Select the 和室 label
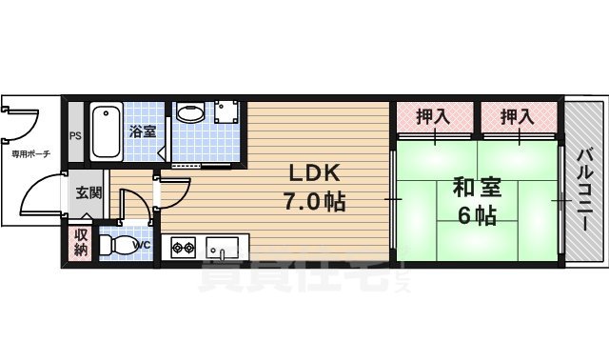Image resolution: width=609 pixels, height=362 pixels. coord(472,188)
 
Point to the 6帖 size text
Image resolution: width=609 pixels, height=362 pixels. coord(476,216)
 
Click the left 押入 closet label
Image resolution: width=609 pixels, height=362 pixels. coord(434,117)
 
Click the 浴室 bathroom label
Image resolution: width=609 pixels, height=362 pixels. coord(143,131)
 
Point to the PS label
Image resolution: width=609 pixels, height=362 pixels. coord(75,134)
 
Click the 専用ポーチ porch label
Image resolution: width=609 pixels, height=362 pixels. coord(29,152)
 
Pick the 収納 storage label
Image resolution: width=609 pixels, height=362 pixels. coord(81,243)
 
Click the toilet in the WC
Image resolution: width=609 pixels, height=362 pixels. coord(118,245)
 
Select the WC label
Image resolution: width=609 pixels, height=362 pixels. coord(142,245)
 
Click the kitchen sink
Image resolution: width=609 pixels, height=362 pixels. coord(225,249)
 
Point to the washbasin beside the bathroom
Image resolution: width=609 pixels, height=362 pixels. coord(189,114)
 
